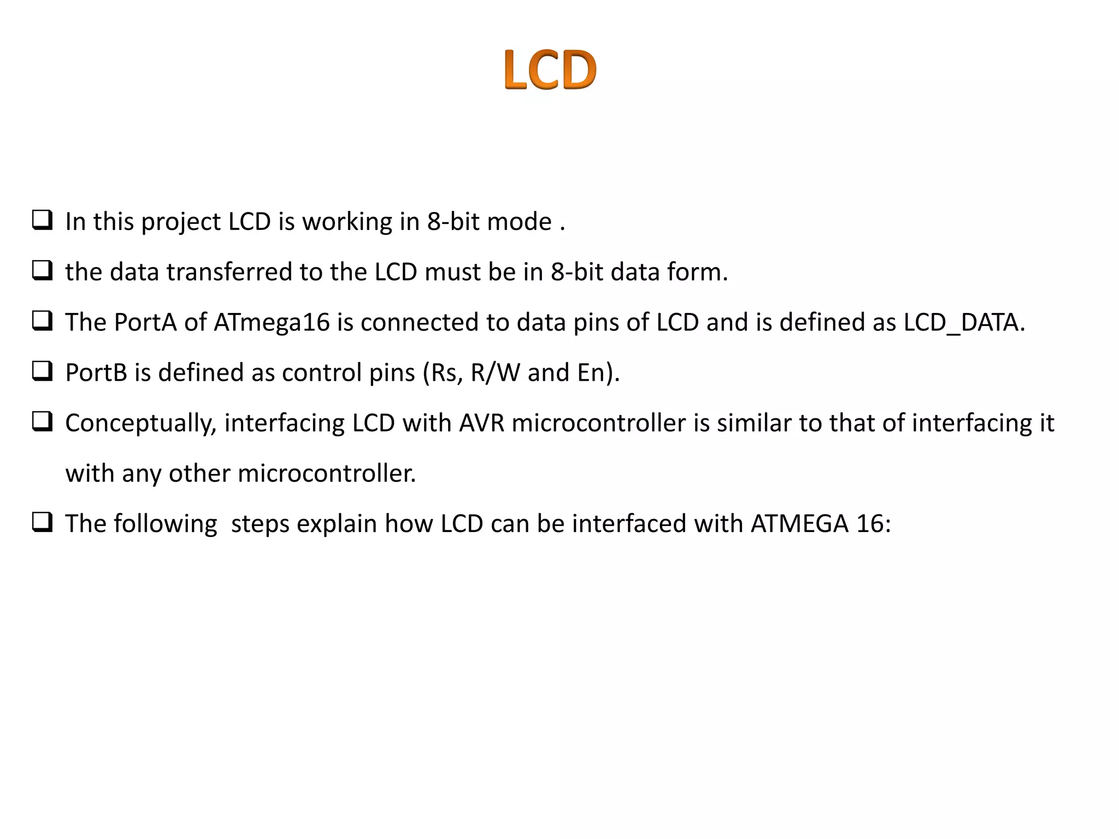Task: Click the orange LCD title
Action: tap(550, 69)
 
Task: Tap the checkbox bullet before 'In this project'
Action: tap(43, 220)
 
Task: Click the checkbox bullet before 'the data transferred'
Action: tap(43, 270)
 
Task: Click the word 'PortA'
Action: tap(145, 322)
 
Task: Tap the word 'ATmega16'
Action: tap(272, 322)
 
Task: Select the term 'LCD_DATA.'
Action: tap(964, 322)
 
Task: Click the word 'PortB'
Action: tap(96, 373)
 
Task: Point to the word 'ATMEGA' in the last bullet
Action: tap(799, 524)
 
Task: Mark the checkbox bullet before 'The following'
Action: tap(43, 522)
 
